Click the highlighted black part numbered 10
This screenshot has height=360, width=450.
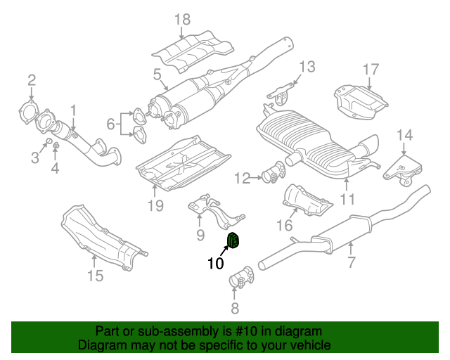(x=234, y=241)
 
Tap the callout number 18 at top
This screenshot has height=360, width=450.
(x=183, y=20)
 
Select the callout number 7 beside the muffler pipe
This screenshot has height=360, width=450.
(x=351, y=263)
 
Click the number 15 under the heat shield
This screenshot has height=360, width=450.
(x=95, y=276)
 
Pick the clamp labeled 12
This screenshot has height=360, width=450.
(x=273, y=174)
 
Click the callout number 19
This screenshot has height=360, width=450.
(x=155, y=205)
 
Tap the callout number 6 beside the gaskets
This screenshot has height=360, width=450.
(x=110, y=124)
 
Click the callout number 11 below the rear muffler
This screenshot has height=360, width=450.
(x=345, y=200)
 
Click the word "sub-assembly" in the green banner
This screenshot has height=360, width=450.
(x=157, y=331)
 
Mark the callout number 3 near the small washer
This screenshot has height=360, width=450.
(x=34, y=157)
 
